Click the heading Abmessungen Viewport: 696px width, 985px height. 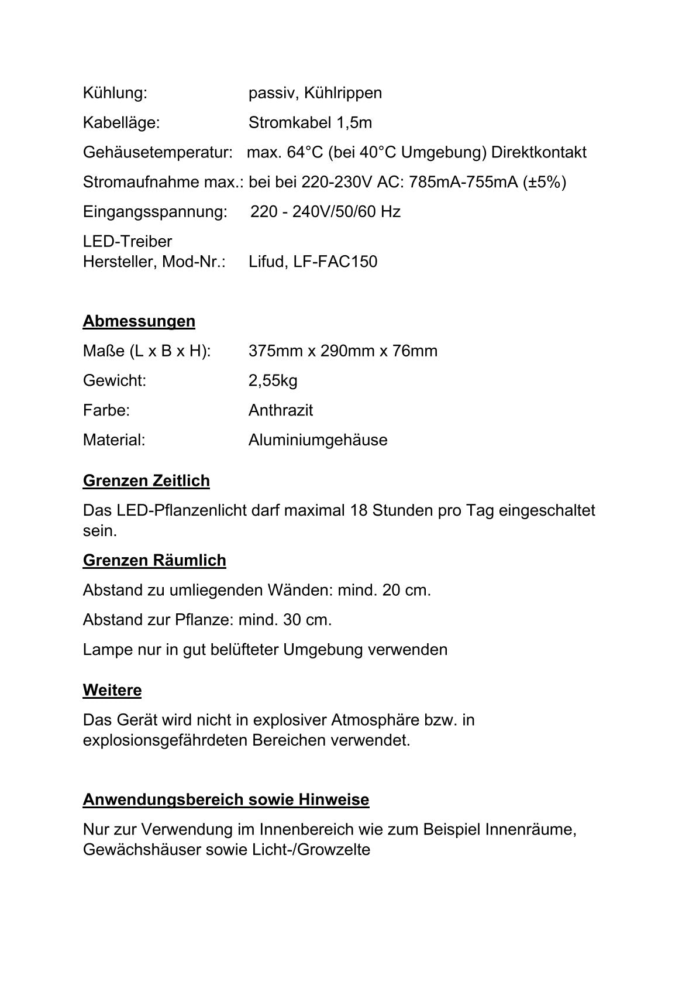pos(139,321)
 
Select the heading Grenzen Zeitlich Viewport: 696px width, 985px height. pos(146,481)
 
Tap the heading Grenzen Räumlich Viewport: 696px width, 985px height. pos(154,560)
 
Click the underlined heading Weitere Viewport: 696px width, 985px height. pos(112,690)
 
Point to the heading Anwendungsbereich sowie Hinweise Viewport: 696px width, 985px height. pos(226,799)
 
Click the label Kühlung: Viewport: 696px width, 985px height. pos(115,93)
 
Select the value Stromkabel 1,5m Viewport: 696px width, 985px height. pos(310,123)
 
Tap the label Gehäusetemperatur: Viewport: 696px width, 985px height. pos(158,153)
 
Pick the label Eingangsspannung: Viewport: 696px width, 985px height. pos(155,212)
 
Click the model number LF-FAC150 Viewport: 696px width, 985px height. pos(335,262)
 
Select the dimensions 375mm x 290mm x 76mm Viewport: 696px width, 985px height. pos(343,351)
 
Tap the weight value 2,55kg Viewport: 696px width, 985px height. pos(273,381)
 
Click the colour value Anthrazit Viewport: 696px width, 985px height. pos(280,410)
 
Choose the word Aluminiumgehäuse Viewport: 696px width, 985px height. pos(318,440)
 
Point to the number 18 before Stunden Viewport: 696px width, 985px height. pos(359,510)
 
